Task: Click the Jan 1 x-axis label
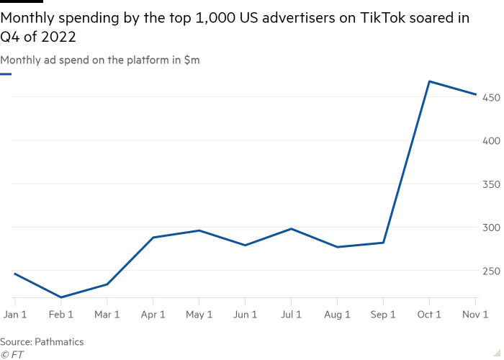pos(15,315)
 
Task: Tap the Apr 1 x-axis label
pos(153,315)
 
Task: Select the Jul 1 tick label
pos(291,315)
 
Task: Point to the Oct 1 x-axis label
pos(429,315)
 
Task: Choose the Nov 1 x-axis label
pos(475,315)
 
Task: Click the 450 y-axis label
pos(490,97)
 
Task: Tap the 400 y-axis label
pos(490,140)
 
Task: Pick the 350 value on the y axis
pos(490,184)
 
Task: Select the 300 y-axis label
pos(490,228)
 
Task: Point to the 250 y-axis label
pos(490,271)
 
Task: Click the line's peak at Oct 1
pos(429,81)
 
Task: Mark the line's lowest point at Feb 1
pos(61,297)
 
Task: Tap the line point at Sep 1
pos(383,243)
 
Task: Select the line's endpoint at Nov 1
pos(475,94)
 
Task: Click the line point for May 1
pos(199,230)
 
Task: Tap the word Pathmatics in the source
pos(60,342)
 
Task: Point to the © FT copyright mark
pos(12,354)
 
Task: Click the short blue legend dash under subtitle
pos(6,73)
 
